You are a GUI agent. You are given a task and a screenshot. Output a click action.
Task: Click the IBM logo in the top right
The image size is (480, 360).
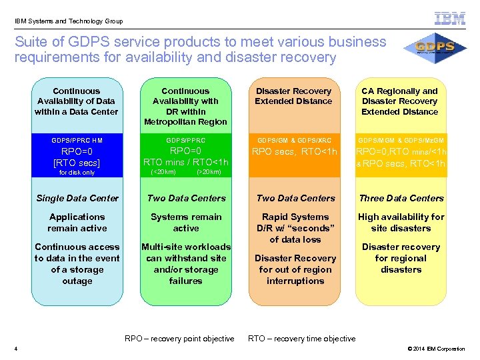[449, 19]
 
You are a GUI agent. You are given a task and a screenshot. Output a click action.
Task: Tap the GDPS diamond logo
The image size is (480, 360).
[434, 49]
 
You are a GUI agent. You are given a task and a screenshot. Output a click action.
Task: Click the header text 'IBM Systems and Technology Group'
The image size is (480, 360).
[69, 21]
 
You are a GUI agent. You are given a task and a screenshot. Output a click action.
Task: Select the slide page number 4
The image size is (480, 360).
[15, 349]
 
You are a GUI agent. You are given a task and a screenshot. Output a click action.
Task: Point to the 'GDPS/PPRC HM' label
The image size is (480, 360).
[77, 141]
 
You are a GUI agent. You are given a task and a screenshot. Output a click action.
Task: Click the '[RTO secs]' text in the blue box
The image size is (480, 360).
[77, 163]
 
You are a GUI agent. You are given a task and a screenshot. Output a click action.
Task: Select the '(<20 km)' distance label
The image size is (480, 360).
[163, 172]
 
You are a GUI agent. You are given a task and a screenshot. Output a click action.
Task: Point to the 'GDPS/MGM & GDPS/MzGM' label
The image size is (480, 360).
[401, 141]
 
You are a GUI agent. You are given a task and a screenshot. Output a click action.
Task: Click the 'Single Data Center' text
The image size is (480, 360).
[77, 198]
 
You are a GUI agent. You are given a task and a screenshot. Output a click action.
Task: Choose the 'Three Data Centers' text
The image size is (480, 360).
[401, 198]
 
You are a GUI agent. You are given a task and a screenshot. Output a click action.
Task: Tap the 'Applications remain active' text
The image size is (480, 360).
[77, 222]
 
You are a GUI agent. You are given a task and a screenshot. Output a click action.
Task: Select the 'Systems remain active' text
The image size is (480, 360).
[186, 222]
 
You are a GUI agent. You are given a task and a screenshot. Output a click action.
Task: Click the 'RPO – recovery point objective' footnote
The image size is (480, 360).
[179, 339]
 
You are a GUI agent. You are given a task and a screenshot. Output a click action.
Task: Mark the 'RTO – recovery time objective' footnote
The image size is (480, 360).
[301, 339]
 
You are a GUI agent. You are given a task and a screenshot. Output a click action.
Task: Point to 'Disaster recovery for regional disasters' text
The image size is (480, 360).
[401, 258]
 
